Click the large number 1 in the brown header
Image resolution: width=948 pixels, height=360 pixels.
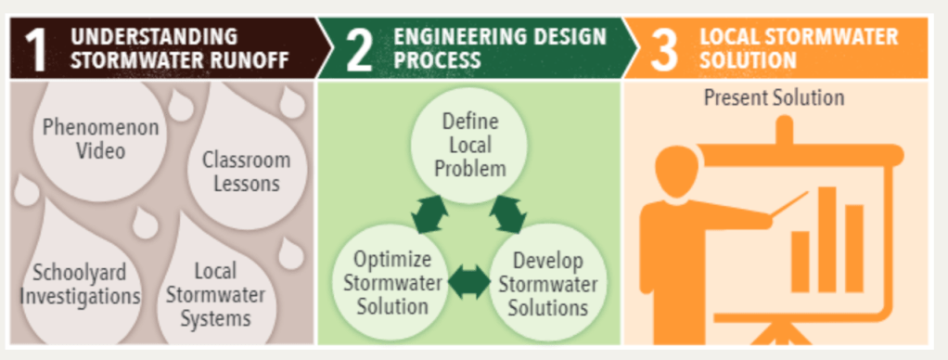point(36,50)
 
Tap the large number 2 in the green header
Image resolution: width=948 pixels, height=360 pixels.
point(359,50)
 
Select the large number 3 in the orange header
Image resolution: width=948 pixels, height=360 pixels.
point(664,50)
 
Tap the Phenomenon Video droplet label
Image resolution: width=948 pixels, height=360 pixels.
point(101,138)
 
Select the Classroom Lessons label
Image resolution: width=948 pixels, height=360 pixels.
point(247,172)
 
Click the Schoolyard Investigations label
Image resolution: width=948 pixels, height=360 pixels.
point(79,285)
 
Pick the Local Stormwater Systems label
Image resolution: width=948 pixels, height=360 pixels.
point(216,295)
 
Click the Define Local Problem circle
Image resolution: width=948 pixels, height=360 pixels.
point(469,145)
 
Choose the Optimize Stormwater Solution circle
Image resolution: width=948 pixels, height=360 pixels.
point(392,283)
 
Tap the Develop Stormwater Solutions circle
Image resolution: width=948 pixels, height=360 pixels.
point(547,283)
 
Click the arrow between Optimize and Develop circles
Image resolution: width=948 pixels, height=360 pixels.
point(469,282)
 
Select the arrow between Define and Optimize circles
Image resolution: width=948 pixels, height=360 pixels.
point(429,214)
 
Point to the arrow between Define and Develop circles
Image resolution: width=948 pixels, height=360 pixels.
point(508,214)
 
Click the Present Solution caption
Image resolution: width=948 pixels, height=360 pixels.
point(774,98)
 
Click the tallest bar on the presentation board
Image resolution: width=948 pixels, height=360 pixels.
point(827,239)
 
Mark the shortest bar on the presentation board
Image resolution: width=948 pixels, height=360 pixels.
point(801,262)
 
